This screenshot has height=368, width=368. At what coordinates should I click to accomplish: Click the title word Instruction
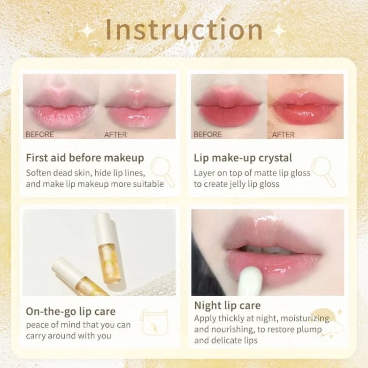(x=184, y=30)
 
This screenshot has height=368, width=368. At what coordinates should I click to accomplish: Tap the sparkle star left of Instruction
(x=87, y=31)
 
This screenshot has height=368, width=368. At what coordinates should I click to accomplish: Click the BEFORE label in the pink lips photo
(x=39, y=134)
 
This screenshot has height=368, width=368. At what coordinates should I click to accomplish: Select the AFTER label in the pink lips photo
(x=115, y=135)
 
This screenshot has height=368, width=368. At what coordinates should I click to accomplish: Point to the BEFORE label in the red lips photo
(x=207, y=134)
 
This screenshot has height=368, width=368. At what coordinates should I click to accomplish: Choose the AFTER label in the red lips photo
(x=284, y=135)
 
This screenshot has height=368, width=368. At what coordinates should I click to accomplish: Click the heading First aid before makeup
(x=84, y=158)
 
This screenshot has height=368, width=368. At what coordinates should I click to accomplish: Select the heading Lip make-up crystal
(x=243, y=158)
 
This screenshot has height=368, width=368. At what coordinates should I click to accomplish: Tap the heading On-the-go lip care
(x=70, y=312)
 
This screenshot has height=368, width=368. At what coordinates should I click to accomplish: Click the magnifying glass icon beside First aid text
(x=162, y=172)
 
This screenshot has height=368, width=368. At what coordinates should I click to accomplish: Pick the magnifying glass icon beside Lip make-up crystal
(x=324, y=172)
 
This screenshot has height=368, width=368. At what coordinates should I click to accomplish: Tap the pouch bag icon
(x=154, y=322)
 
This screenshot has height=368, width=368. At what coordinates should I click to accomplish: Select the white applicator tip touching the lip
(x=250, y=282)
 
